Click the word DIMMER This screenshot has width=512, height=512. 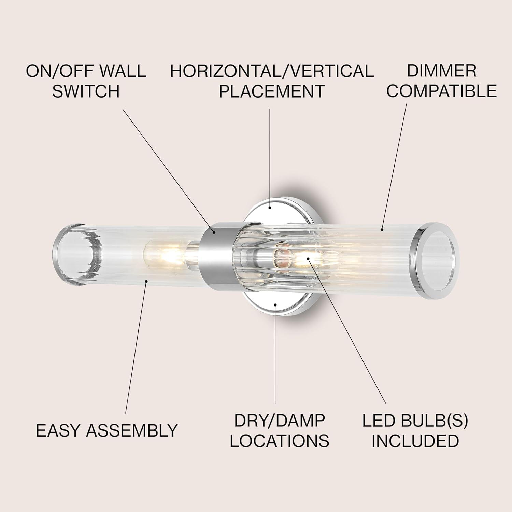tap(441, 71)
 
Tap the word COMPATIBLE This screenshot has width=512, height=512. tap(441, 91)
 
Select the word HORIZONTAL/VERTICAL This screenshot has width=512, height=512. tap(272, 71)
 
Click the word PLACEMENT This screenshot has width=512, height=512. tap(272, 91)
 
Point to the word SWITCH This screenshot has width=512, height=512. tap(86, 91)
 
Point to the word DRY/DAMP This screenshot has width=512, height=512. tap(279, 421)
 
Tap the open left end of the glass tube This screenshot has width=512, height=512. tap(73, 255)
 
